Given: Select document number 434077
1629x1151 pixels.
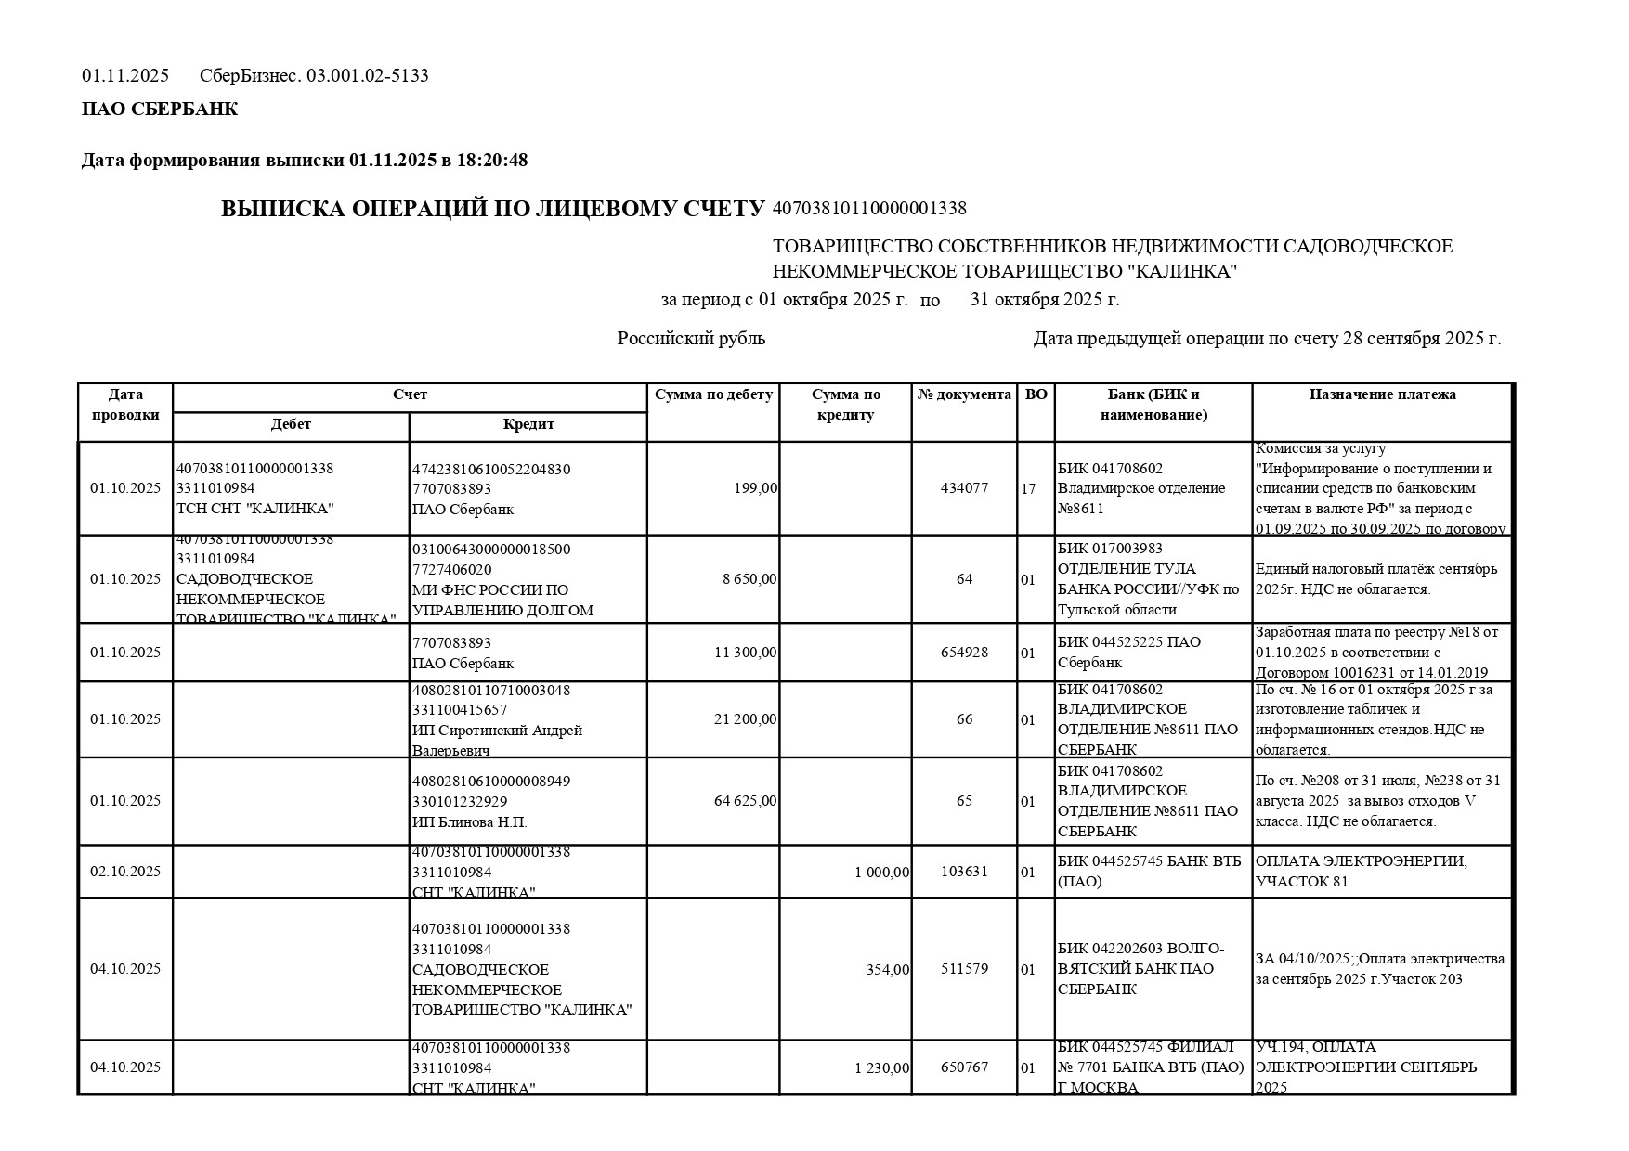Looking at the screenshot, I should pyautogui.click(x=964, y=488).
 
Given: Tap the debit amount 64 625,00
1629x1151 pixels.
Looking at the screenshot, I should pyautogui.click(x=745, y=801).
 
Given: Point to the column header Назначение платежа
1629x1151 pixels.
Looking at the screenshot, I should pyautogui.click(x=1382, y=394).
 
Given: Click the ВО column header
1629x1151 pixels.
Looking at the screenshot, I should pyautogui.click(x=1036, y=394).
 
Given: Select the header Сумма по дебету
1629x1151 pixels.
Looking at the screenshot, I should pyautogui.click(x=713, y=394).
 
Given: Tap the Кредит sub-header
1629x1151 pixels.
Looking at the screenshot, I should pyautogui.click(x=528, y=424).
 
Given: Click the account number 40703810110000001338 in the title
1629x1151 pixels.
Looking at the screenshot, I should pyautogui.click(x=869, y=209).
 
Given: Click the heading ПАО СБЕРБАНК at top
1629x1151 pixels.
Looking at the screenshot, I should pyautogui.click(x=160, y=110).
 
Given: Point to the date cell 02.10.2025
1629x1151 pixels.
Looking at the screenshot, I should pyautogui.click(x=125, y=872).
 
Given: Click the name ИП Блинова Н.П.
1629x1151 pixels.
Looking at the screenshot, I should pyautogui.click(x=470, y=822).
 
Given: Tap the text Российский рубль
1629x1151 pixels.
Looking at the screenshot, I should pyautogui.click(x=691, y=339).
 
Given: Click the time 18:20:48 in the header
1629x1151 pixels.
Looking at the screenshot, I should pyautogui.click(x=492, y=161).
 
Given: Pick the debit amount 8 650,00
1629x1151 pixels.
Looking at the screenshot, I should pyautogui.click(x=749, y=579).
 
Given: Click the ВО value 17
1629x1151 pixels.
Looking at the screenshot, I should pyautogui.click(x=1028, y=488).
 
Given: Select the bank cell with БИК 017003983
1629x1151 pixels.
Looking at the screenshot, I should pyautogui.click(x=1153, y=579).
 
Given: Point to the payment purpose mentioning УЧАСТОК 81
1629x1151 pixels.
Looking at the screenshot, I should pyautogui.click(x=1362, y=872).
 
